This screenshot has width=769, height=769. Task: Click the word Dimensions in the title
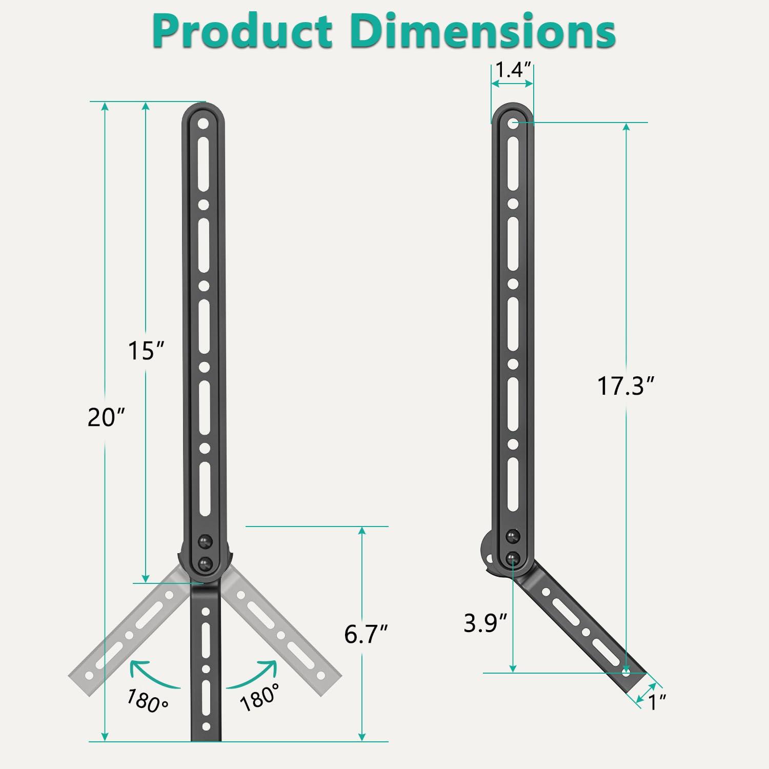pyautogui.click(x=484, y=32)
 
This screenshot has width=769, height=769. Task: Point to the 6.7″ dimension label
pyautogui.click(x=366, y=634)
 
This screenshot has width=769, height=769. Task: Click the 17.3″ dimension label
pyautogui.click(x=626, y=386)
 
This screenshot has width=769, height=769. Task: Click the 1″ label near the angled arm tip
pyautogui.click(x=657, y=702)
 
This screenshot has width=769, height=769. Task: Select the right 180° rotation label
pyautogui.click(x=260, y=697)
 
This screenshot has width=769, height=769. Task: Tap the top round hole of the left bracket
pyautogui.click(x=204, y=124)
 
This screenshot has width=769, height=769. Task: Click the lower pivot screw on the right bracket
pyautogui.click(x=513, y=559)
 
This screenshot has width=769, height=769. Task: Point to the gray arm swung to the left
pyautogui.click(x=128, y=636)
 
